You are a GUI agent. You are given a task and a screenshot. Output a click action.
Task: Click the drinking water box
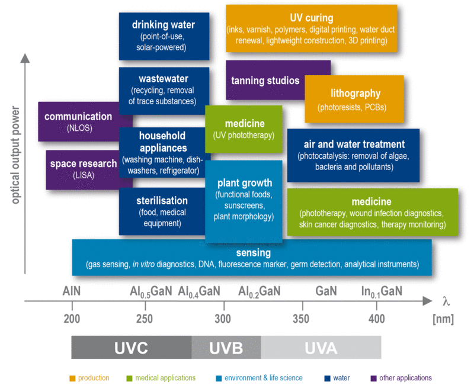pos(164,36)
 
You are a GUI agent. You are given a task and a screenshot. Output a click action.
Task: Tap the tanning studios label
pos(265,81)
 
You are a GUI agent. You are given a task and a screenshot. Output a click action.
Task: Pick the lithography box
pos(355,99)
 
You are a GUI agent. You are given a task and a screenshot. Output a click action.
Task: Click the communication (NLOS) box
pos(78,121)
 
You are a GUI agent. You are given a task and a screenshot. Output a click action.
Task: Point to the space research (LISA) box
pos(81,169)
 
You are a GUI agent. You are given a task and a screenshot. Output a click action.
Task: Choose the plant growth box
pos(244,201)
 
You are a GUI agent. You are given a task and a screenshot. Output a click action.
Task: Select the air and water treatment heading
pos(354,144)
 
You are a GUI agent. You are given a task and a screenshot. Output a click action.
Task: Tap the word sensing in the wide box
pos(252,253)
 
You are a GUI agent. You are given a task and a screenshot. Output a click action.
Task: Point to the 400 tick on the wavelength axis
pos(377,319)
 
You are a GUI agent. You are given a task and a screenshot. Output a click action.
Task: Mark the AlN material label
pos(71,291)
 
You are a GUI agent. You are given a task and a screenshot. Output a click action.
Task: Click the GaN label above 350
pos(326,291)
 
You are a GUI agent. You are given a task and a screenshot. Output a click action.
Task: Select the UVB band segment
pos(226,347)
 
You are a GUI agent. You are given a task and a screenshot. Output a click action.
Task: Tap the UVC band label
pos(131,347)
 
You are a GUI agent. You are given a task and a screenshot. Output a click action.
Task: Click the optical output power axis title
pos(15,155)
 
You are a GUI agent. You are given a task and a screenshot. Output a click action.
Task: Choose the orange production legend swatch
pos(72,378)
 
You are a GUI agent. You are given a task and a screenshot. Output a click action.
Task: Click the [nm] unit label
pos(443,319)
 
